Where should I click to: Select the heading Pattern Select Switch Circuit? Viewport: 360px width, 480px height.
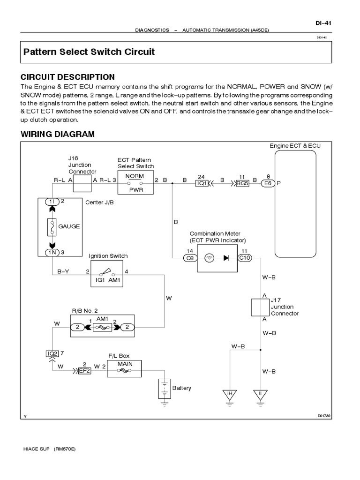pyautogui.click(x=89, y=52)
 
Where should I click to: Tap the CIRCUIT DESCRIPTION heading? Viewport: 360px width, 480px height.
pyautogui.click(x=67, y=77)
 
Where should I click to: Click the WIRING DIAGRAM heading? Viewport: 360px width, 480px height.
pyautogui.click(x=58, y=134)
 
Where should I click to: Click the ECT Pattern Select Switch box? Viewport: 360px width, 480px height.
pyautogui.click(x=136, y=184)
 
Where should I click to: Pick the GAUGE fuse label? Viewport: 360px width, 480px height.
pyautogui.click(x=69, y=226)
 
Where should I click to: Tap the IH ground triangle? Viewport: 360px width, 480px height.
pyautogui.click(x=229, y=394)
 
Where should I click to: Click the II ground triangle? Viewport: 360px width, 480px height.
pyautogui.click(x=261, y=394)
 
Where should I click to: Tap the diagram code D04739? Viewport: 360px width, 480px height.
pyautogui.click(x=324, y=415)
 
